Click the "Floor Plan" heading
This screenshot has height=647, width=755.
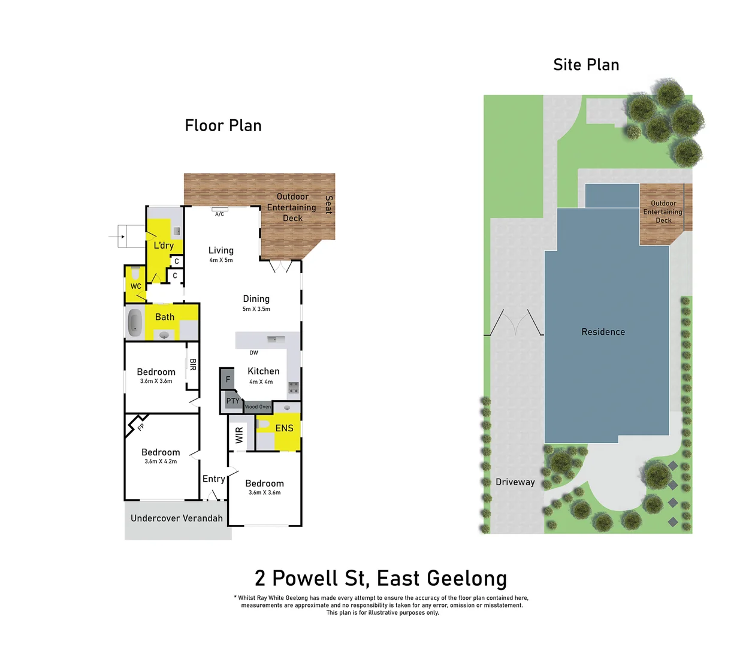coord(223,126)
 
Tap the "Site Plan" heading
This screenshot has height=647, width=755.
coord(585,65)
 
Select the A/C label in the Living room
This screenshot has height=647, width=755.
coord(219,214)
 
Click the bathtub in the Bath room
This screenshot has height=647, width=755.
coord(135,323)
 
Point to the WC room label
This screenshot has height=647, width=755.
coord(136,286)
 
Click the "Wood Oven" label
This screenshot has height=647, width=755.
coord(258,407)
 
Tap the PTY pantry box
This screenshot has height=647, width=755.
coord(232,401)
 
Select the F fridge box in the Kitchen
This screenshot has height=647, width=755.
coord(227,379)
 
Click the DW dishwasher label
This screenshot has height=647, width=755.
coord(253,353)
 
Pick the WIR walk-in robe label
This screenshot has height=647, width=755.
coord(239,435)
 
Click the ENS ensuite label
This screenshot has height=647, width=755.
coord(284,428)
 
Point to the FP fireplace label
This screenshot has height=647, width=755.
coord(141,427)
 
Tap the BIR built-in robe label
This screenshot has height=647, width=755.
coord(193,364)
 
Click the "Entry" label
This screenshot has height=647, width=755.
coord(213,479)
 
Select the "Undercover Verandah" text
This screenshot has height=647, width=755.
coord(176,518)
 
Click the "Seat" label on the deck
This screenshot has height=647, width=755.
coord(328,204)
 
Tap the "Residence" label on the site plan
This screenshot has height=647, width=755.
coord(603,332)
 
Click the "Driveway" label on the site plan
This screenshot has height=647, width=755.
coord(515,482)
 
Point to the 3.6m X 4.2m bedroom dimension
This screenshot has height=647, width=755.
coord(161,462)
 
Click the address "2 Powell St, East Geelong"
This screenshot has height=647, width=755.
coord(380,579)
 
